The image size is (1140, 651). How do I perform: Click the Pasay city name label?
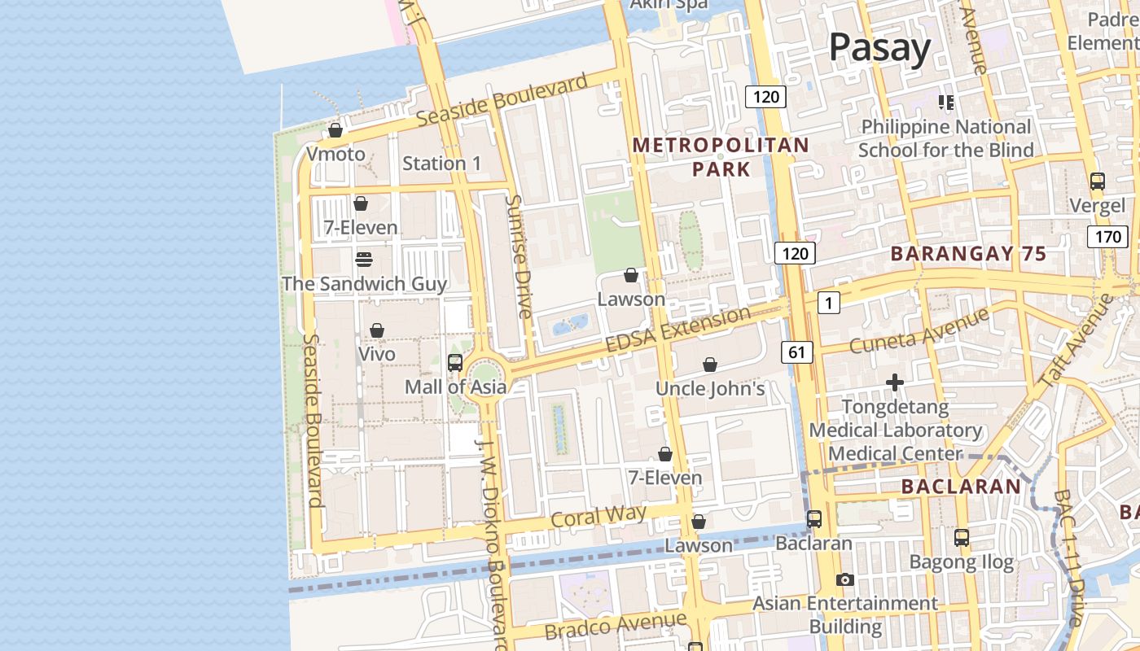pyautogui.click(x=879, y=48)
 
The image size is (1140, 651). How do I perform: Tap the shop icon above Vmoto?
pyautogui.click(x=335, y=130)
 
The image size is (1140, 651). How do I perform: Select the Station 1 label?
pyautogui.click(x=441, y=163)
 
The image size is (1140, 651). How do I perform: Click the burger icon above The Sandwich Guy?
pyautogui.click(x=364, y=260)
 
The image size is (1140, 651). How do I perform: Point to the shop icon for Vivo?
pyautogui.click(x=377, y=330)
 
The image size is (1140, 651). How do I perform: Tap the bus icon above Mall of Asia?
pyautogui.click(x=455, y=363)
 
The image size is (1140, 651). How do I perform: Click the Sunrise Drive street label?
pyautogui.click(x=518, y=256)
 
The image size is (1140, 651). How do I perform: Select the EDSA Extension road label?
pyautogui.click(x=678, y=330)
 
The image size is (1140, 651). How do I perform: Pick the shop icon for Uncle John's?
pyautogui.click(x=710, y=365)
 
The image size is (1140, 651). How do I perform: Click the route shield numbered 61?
pyautogui.click(x=796, y=352)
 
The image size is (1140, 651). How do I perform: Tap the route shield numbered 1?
pyautogui.click(x=828, y=304)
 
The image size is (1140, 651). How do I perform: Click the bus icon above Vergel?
pyautogui.click(x=1097, y=181)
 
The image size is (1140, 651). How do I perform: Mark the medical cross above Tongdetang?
pyautogui.click(x=895, y=382)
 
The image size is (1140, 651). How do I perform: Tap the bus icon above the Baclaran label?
pyautogui.click(x=814, y=519)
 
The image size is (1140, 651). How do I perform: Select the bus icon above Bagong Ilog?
pyautogui.click(x=962, y=538)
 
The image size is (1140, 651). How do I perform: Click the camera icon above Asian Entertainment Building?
pyautogui.click(x=845, y=580)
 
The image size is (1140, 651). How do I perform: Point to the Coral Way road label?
pyautogui.click(x=598, y=516)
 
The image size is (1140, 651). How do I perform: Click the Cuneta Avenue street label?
pyautogui.click(x=919, y=330)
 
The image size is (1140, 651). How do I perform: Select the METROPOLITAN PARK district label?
pyautogui.click(x=721, y=157)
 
